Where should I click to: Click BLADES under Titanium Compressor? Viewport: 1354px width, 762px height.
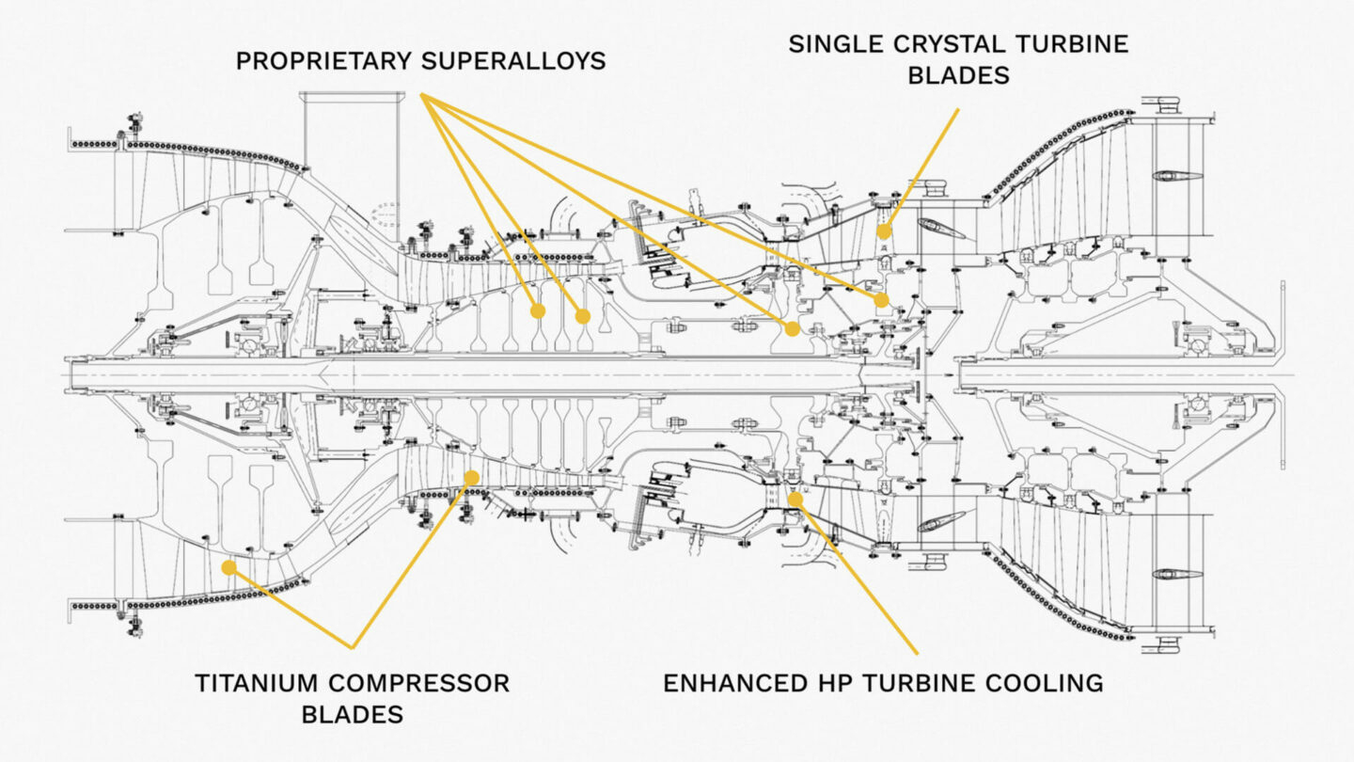coord(352,714)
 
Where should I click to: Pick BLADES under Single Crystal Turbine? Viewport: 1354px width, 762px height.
coord(958,75)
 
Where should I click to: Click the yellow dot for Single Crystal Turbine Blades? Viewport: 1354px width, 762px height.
coord(884,231)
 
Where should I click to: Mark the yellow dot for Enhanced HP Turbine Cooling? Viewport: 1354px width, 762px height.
coord(795,499)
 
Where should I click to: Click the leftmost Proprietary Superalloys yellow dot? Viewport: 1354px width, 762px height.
coord(538,310)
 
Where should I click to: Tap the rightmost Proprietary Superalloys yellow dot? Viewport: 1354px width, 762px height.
coord(881,300)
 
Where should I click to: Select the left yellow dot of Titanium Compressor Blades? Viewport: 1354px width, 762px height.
coord(228,567)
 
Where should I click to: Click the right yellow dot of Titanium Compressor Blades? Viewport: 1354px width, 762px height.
coord(471,478)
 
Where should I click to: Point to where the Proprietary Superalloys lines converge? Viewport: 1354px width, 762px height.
coord(422,94)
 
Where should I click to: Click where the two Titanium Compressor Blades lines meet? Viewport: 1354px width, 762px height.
coord(353,647)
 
